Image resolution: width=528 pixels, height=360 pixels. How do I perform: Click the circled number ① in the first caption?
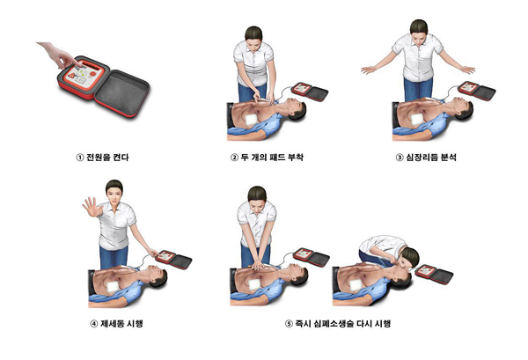(x=80, y=158)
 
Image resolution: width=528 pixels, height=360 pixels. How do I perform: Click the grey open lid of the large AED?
(x=122, y=93)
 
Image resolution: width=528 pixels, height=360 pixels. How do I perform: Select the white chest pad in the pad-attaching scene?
(x=251, y=121)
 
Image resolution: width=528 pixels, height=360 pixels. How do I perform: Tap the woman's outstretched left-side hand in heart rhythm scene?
(x=369, y=70)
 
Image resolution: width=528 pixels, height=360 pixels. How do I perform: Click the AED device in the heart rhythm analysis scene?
(x=477, y=91)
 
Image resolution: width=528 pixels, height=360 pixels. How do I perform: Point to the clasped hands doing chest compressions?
(x=258, y=265)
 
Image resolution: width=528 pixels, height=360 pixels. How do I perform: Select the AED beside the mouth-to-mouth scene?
(x=435, y=274)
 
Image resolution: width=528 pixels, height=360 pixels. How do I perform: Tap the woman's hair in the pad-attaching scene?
(x=253, y=33)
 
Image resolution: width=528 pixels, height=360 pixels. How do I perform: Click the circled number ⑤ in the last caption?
(x=289, y=324)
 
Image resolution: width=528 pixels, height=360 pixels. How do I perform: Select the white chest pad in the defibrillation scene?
(x=112, y=286)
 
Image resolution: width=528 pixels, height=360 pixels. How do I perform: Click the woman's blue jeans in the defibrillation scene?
(x=114, y=257)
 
